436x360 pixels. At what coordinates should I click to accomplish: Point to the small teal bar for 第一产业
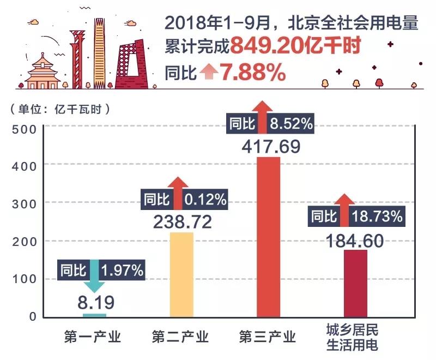pyautogui.click(x=94, y=315)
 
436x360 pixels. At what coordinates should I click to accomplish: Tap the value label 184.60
pyautogui.click(x=355, y=240)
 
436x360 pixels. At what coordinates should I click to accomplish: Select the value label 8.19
pyautogui.click(x=95, y=301)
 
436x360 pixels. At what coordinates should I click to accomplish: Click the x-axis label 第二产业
pyautogui.click(x=180, y=337)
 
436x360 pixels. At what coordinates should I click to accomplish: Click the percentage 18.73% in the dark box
pyautogui.click(x=378, y=216)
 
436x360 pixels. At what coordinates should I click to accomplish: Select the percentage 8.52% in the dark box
pyautogui.click(x=292, y=124)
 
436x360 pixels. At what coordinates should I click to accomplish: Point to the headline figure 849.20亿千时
pyautogui.click(x=295, y=47)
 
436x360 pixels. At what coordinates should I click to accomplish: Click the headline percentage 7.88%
pyautogui.click(x=253, y=73)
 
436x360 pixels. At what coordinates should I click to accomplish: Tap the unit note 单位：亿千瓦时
pyautogui.click(x=60, y=109)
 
